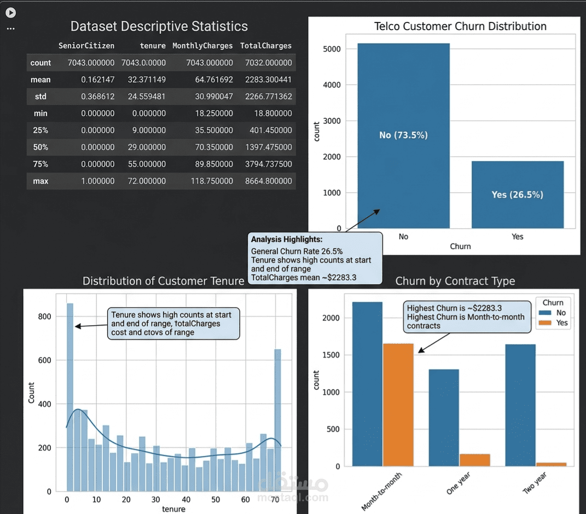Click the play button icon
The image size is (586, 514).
(x=11, y=13)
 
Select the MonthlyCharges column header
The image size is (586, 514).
(x=202, y=45)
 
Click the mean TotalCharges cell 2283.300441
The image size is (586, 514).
(x=268, y=79)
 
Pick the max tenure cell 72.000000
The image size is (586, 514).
(x=147, y=181)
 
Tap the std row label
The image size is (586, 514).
(x=40, y=96)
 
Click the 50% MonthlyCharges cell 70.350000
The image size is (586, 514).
(x=214, y=147)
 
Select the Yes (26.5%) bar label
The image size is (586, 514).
(x=517, y=194)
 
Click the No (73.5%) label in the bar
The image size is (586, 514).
(x=403, y=135)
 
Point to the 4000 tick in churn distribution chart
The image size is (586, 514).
(x=332, y=85)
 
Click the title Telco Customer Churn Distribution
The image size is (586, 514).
(x=460, y=26)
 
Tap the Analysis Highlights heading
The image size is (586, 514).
(x=287, y=239)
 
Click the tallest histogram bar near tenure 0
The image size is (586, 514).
(x=70, y=397)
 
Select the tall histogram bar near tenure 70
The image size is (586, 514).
(x=277, y=420)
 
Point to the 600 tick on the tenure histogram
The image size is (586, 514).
(x=44, y=360)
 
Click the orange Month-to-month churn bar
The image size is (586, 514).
(x=398, y=405)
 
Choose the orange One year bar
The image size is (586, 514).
(x=474, y=460)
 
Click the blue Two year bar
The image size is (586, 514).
(x=520, y=405)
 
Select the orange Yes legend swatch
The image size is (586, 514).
(x=545, y=322)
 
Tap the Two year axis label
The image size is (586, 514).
(x=535, y=483)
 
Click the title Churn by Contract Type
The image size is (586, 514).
(x=455, y=281)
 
